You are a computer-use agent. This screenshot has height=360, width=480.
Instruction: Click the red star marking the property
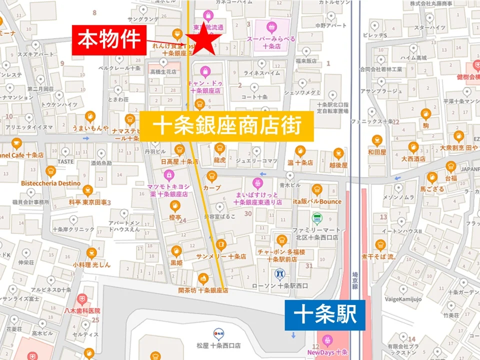click(203, 39)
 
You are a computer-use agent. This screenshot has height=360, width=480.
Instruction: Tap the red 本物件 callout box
click(109, 40)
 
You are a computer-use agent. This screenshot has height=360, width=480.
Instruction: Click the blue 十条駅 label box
click(324, 315)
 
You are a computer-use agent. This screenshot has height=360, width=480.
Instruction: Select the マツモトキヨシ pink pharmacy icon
click(168, 174)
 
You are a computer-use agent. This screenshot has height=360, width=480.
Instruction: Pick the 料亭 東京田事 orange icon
click(88, 190)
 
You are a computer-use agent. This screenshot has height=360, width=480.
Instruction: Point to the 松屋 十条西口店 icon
click(218, 332)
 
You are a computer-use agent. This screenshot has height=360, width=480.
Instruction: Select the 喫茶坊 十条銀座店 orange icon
click(203, 278)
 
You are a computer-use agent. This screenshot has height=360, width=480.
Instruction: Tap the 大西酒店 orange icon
click(413, 147)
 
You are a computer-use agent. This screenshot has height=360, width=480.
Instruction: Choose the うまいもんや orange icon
click(90, 116)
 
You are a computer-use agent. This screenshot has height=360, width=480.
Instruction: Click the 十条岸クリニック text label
click(73, 229)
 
